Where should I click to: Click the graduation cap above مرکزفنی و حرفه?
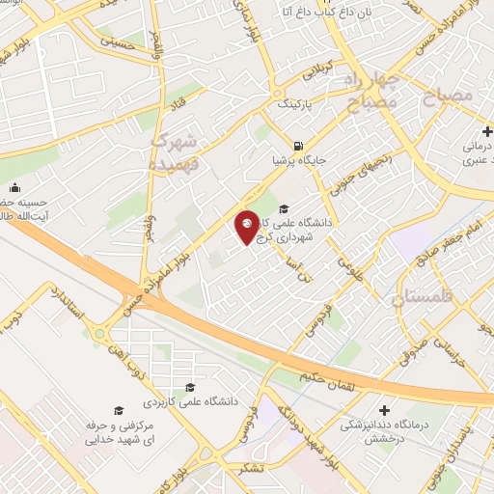coord(119,411)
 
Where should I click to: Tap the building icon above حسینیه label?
coord(14,188)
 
